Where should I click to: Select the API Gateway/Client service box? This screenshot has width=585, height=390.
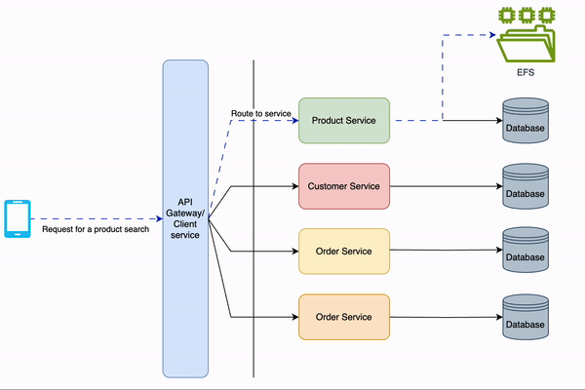click(x=184, y=219)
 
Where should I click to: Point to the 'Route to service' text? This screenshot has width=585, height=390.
click(x=261, y=114)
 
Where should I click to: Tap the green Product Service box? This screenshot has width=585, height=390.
click(x=344, y=121)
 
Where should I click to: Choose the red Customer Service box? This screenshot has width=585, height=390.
click(x=344, y=186)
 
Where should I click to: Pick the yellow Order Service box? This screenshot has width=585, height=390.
click(x=344, y=252)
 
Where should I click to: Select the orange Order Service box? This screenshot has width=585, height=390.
click(x=344, y=317)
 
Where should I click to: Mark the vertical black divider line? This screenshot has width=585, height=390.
click(x=253, y=292)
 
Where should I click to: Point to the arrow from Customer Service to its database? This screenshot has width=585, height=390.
click(x=444, y=186)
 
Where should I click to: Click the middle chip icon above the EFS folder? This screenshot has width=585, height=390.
click(x=526, y=15)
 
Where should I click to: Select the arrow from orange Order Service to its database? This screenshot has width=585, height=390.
click(x=444, y=317)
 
